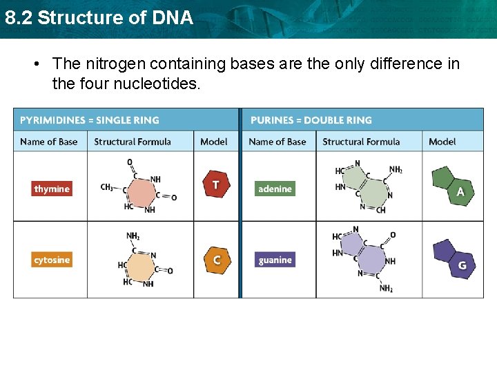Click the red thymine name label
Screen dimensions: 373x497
[x=52, y=189]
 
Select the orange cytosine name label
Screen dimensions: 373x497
[x=52, y=260]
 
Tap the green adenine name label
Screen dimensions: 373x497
[x=275, y=189]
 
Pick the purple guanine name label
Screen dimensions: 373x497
[x=275, y=260]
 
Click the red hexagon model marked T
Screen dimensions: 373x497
[x=215, y=185]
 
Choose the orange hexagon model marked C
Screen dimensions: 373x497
[x=216, y=260]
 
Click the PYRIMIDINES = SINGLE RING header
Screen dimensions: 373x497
[x=90, y=120]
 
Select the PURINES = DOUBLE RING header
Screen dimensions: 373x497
[x=311, y=120]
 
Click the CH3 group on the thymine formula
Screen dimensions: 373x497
[x=107, y=187]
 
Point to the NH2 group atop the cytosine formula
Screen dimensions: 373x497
[x=133, y=236]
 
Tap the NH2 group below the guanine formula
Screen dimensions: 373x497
[x=386, y=288]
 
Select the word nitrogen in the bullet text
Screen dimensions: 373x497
[x=119, y=64]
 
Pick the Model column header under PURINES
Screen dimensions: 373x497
[x=442, y=142]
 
